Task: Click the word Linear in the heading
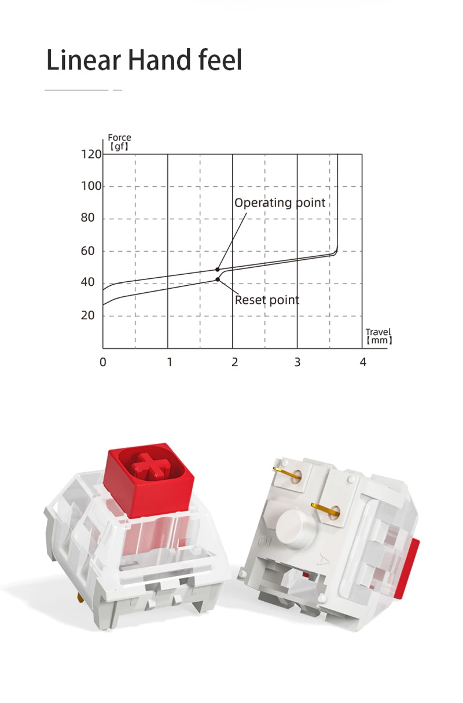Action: coord(83,60)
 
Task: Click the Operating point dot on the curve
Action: coord(218,270)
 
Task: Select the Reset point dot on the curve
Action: coord(218,279)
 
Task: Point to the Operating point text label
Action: coord(280,203)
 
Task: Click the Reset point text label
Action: coord(267,300)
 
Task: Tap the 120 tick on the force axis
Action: coord(91,154)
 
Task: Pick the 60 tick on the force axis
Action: coord(87,251)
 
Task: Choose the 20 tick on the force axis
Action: coord(87,315)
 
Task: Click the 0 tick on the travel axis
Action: coord(103,362)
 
